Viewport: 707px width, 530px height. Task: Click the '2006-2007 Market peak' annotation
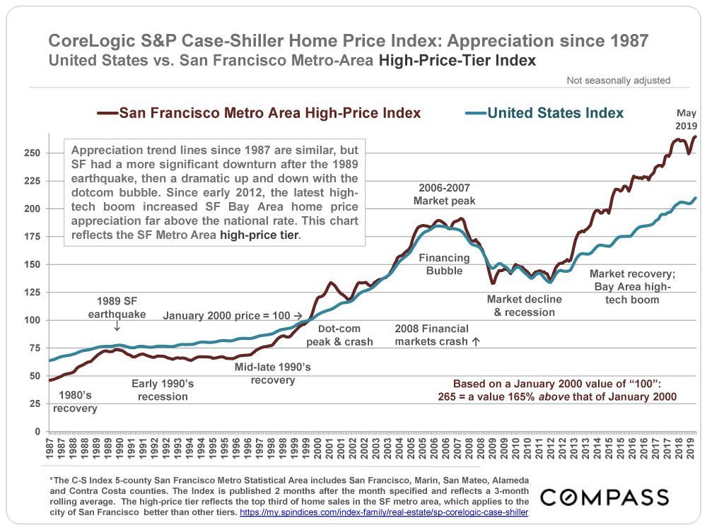(444, 194)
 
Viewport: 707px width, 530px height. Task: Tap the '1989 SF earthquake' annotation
(117, 308)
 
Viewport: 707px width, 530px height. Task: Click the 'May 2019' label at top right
(686, 119)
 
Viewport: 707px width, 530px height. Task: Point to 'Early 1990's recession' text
(163, 390)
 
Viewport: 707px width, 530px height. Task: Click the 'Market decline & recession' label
(524, 305)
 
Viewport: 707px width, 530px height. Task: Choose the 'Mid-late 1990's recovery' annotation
(273, 373)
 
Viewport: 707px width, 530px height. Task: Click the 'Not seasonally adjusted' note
(618, 81)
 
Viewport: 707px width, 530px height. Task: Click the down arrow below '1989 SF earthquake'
(117, 327)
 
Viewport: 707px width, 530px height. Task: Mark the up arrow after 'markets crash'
(476, 341)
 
